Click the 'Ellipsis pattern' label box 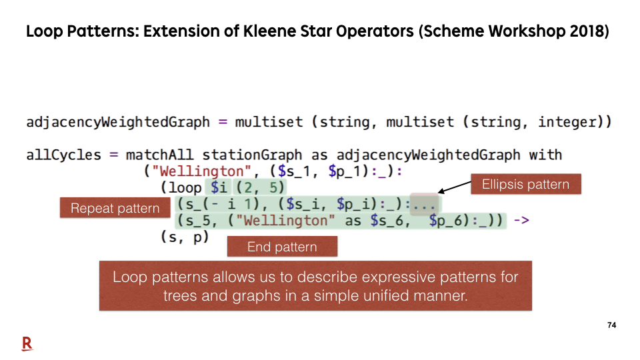pos(526,184)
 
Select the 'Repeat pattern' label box pos(115,208)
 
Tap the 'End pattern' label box pos(282,247)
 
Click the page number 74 pos(611,325)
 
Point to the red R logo pos(27,344)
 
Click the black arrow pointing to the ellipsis pos(454,187)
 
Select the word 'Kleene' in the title pos(267,31)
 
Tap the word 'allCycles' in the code pos(64,155)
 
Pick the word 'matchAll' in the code pos(159,155)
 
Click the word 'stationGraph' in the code pos(252,155)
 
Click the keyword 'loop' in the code pos(185,188)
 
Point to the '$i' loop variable pos(219,187)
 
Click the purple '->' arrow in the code pos(521,221)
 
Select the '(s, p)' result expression pos(185,237)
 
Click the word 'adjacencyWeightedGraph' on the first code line pos(118,122)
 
